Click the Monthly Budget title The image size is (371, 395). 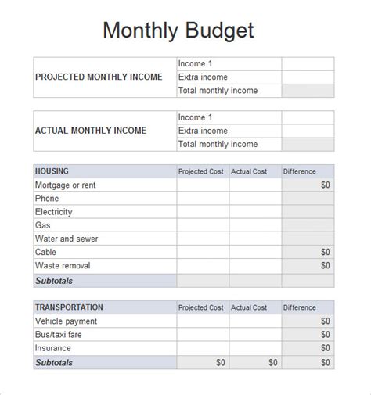[x=178, y=31]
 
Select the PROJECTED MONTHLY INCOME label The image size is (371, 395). [x=99, y=77]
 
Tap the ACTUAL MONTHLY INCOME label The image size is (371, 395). [x=91, y=131]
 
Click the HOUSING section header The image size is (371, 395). [x=52, y=171]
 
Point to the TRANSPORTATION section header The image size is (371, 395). [x=70, y=307]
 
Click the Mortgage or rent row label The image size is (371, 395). [x=66, y=185]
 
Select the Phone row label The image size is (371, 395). [x=48, y=199]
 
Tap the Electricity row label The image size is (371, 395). [x=54, y=212]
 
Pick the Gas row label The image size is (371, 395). [x=43, y=225]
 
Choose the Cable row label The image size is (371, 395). [x=46, y=252]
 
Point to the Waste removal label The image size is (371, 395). [x=63, y=266]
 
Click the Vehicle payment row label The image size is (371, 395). [x=67, y=321]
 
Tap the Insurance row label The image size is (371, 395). [x=53, y=348]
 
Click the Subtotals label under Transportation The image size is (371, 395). [x=54, y=362]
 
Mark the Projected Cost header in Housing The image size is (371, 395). [x=201, y=171]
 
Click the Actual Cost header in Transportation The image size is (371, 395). [x=249, y=307]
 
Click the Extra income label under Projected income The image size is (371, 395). [x=203, y=77]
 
